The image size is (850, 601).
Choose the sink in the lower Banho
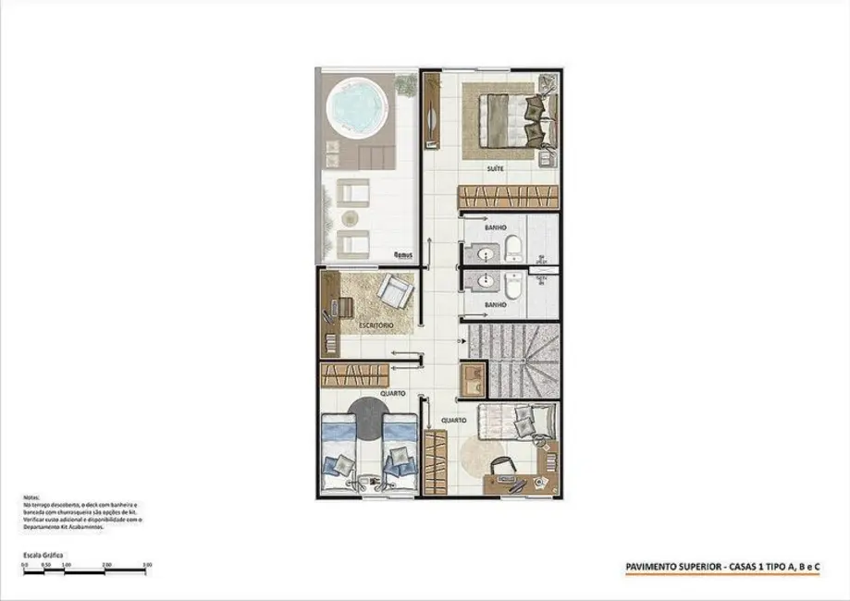pos(483,284)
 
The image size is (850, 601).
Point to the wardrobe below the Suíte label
pos(509,197)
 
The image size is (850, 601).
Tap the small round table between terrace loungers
pos(351,218)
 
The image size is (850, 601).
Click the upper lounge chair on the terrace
pos(351,191)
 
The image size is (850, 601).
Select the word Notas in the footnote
pos(31,497)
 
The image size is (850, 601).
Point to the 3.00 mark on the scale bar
pos(147,563)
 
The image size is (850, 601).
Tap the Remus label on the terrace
pos(402,253)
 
